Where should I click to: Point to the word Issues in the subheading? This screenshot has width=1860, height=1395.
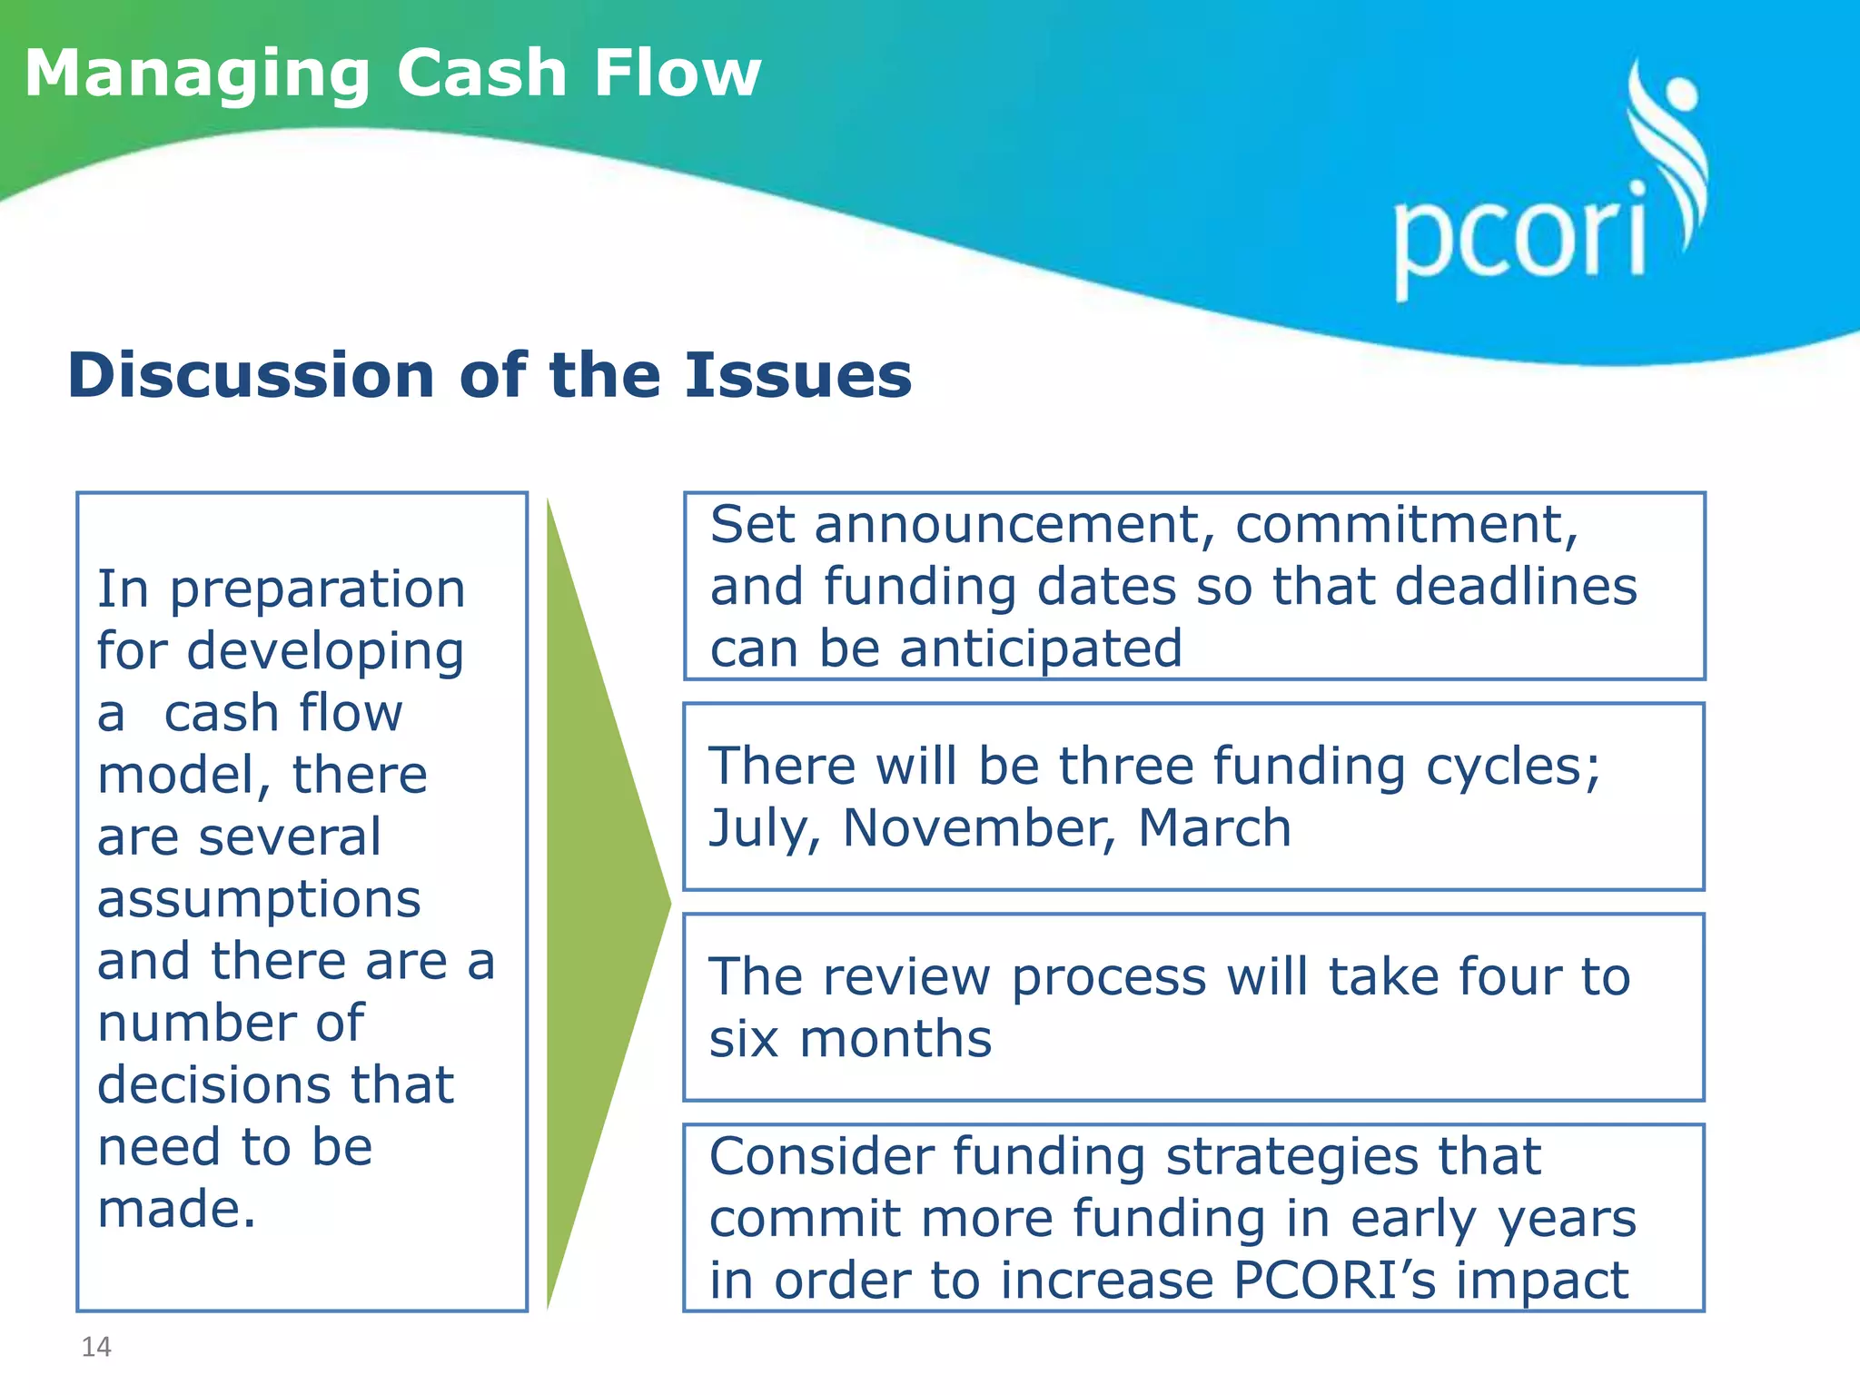[x=797, y=375]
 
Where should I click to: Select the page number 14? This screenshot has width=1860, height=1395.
[x=96, y=1347]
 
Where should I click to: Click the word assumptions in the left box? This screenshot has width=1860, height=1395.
[x=259, y=901]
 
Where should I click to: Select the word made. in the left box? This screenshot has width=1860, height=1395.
[x=177, y=1211]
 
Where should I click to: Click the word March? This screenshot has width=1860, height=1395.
[x=1214, y=829]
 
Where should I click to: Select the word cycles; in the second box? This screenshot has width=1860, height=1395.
[x=1513, y=768]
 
